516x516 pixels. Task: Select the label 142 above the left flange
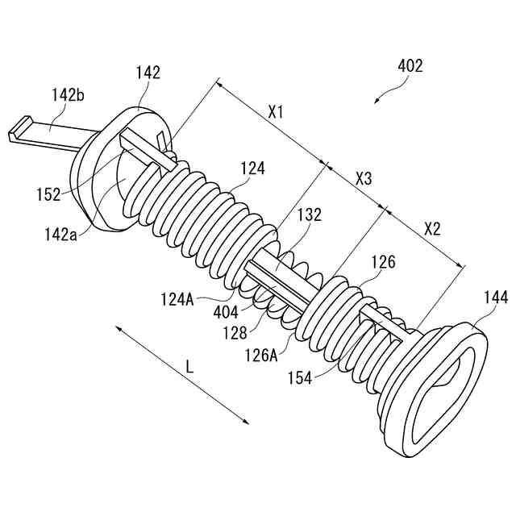pos(148,73)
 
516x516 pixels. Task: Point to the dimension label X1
pos(276,112)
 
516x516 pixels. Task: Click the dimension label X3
pos(364,179)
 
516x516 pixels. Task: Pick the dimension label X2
pos(433,228)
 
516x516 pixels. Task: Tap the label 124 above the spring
pos(253,169)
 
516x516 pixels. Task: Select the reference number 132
pos(309,215)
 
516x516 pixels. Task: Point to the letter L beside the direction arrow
pos(189,366)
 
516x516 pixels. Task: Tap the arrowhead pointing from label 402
pos(377,102)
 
